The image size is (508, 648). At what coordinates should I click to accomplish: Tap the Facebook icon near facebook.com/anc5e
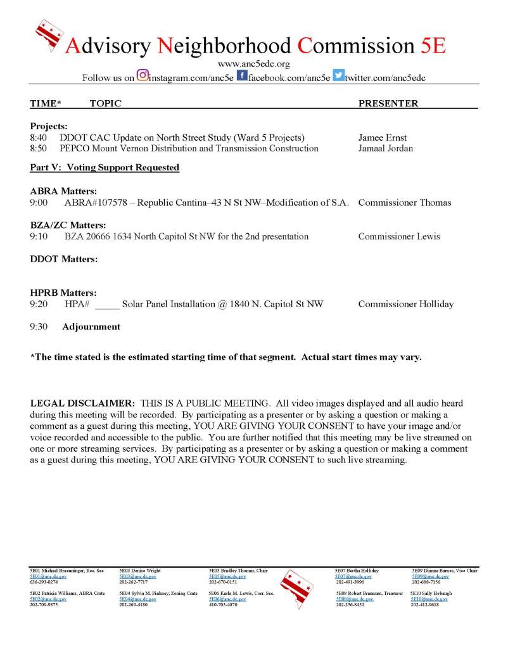point(241,77)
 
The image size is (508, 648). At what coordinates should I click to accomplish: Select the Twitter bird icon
point(339,77)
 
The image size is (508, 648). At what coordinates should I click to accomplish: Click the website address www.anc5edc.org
point(253,64)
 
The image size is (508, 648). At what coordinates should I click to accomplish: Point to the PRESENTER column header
point(388,103)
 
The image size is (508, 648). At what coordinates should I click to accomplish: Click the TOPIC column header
point(105,103)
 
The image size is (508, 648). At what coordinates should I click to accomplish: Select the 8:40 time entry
point(39,138)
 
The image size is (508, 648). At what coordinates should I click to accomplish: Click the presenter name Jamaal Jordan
point(386,148)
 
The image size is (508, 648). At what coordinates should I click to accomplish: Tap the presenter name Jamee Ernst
point(382,138)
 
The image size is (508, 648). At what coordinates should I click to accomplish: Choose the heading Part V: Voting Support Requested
point(105,168)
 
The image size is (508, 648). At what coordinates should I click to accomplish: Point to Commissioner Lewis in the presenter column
point(398,237)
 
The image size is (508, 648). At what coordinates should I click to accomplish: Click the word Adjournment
point(91,327)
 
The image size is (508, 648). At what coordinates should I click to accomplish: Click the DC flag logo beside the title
point(50,36)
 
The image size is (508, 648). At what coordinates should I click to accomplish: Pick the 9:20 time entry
point(39,305)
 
